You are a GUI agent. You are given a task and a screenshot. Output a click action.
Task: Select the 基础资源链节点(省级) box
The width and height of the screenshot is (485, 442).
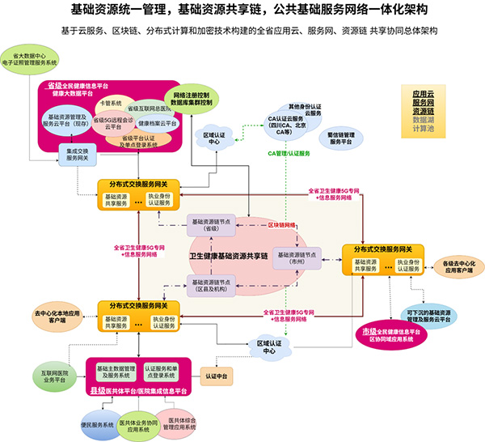(x=210, y=223)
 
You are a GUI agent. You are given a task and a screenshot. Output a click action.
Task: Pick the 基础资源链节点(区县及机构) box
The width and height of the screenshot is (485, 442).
(x=210, y=283)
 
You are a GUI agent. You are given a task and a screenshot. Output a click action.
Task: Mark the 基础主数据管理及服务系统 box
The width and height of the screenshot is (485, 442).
(x=112, y=372)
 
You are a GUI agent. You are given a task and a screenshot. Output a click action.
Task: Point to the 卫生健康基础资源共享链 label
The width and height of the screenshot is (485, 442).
(x=228, y=256)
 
